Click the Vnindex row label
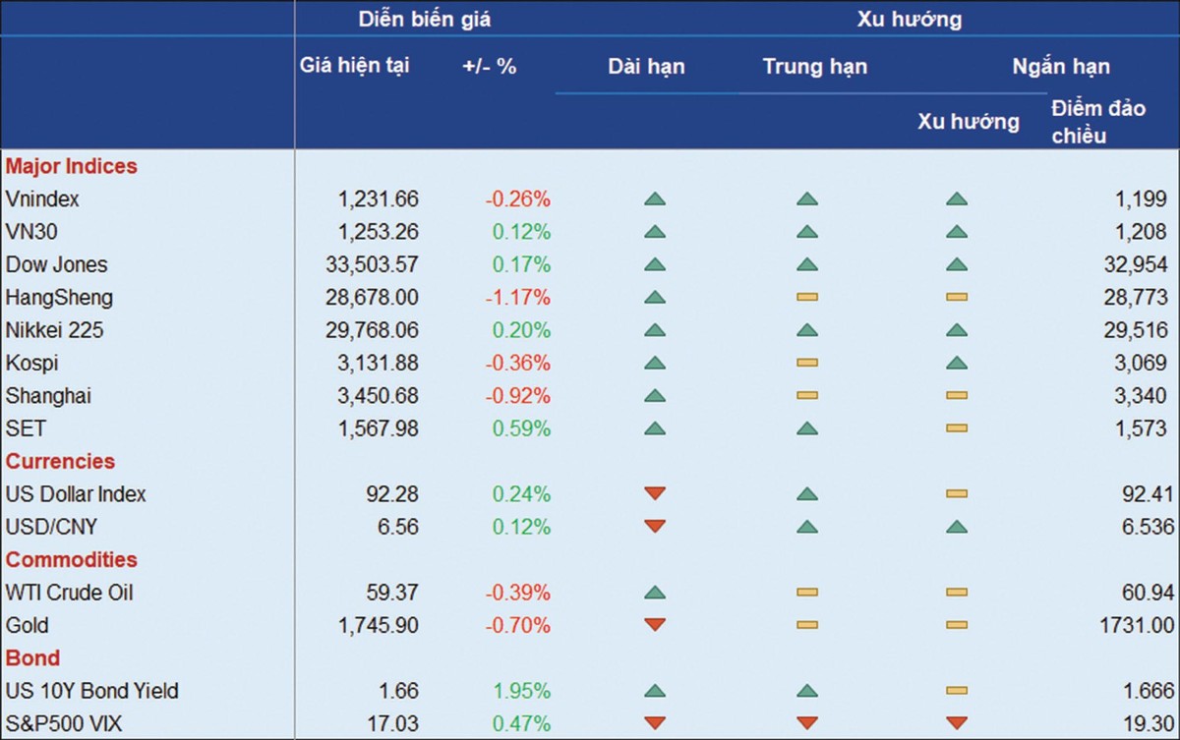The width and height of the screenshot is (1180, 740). tap(42, 199)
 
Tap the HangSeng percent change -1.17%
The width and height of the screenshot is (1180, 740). tap(517, 298)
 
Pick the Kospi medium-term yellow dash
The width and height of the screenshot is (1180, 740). tap(807, 364)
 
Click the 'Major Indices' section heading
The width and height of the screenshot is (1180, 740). tap(71, 167)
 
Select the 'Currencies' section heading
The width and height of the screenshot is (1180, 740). tap(60, 462)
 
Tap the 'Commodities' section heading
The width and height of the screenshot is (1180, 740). tap(71, 560)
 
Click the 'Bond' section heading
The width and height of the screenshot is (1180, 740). tap(32, 658)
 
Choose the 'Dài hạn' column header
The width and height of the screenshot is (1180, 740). tap(646, 67)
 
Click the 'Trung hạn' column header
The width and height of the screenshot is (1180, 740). tap(814, 67)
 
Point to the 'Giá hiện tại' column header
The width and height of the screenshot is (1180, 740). tap(354, 66)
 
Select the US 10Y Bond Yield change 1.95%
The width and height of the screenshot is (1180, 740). tap(520, 691)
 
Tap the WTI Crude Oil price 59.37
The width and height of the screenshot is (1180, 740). tap(390, 593)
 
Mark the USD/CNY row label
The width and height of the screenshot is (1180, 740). tap(51, 528)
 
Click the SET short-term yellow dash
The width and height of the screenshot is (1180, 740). tap(957, 429)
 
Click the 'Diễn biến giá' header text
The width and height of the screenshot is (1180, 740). tap(424, 19)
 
